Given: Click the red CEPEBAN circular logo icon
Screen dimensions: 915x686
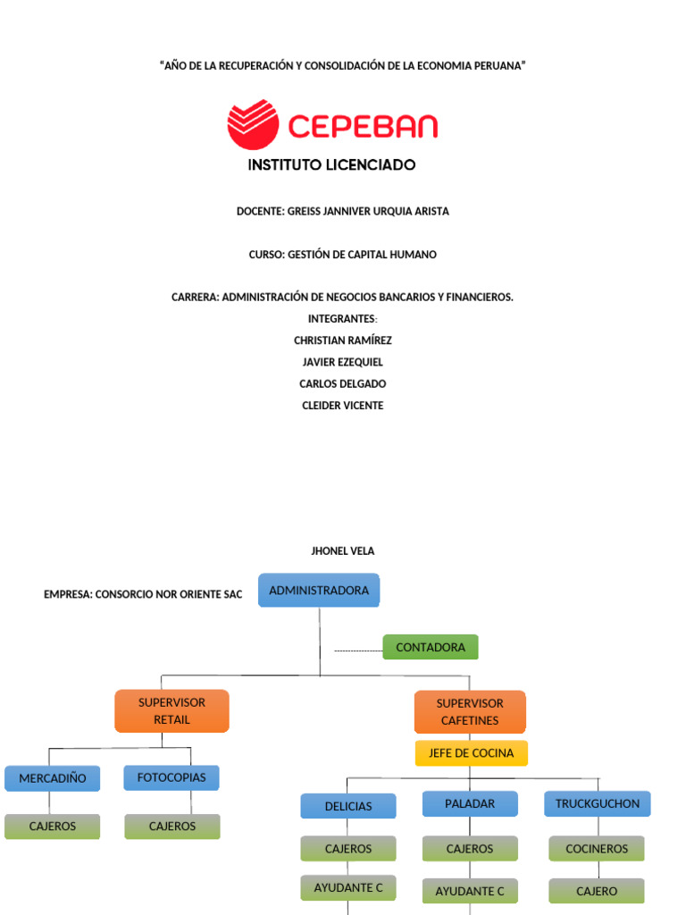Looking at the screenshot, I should (253, 124).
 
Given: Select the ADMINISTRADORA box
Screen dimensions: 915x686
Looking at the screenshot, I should (319, 591).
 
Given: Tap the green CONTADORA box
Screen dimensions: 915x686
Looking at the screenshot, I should (431, 647).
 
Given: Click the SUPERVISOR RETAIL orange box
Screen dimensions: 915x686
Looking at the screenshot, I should (171, 710).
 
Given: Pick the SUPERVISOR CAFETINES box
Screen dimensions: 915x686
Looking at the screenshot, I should (470, 711).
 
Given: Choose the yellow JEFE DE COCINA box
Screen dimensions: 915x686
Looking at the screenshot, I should (471, 753).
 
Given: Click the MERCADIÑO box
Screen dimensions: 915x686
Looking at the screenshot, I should (52, 778).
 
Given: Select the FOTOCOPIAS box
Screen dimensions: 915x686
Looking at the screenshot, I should (171, 777).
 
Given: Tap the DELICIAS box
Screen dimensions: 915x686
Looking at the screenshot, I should (348, 806).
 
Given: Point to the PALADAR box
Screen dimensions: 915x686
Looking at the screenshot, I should (470, 803).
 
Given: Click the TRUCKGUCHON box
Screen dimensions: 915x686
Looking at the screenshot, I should (598, 803).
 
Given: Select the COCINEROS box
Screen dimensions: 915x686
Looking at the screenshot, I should (597, 849).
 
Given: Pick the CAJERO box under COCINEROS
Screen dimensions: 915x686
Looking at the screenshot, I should (597, 891).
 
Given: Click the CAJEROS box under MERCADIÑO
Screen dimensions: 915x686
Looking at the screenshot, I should (52, 827).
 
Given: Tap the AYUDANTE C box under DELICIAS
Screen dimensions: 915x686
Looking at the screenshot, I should (348, 887).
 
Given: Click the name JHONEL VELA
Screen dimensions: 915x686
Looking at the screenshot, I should (343, 551).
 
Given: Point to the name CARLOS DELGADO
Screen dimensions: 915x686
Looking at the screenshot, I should (343, 383).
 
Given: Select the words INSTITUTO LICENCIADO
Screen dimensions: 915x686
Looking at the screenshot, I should (331, 165).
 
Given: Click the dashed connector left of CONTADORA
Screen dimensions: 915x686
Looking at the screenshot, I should (358, 651).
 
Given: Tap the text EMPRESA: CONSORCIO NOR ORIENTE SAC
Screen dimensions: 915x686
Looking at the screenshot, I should (143, 594).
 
